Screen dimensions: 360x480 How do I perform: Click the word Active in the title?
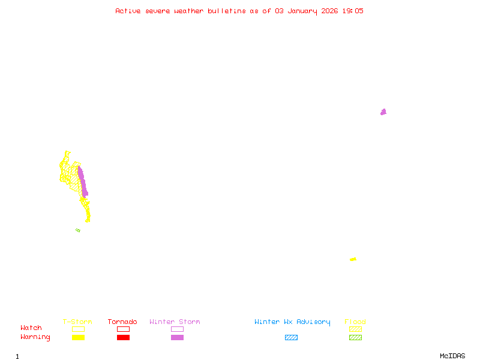click(x=128, y=11)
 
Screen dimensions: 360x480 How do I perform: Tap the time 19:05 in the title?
click(x=352, y=11)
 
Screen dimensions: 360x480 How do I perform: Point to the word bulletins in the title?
click(x=227, y=11)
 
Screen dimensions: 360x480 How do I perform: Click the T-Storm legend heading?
click(x=77, y=322)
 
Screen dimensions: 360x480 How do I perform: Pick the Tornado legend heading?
click(x=122, y=322)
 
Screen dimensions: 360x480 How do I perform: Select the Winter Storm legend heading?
click(x=175, y=322)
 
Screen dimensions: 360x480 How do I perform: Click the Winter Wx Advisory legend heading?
click(x=292, y=322)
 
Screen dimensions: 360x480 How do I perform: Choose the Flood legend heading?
click(x=355, y=322)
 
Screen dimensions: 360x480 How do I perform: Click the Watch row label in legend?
click(x=31, y=328)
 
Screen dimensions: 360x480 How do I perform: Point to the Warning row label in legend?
click(x=35, y=337)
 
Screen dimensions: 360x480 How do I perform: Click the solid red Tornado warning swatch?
click(x=123, y=337)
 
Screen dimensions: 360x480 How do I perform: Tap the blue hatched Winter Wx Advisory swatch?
click(x=291, y=337)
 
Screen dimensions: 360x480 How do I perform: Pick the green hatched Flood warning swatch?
click(x=355, y=337)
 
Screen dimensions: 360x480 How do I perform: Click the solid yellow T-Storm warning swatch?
click(x=78, y=337)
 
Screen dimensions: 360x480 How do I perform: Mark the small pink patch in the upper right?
click(x=383, y=112)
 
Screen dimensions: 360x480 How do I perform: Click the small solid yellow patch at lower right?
click(x=353, y=259)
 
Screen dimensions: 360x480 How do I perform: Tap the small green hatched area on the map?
click(x=78, y=230)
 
